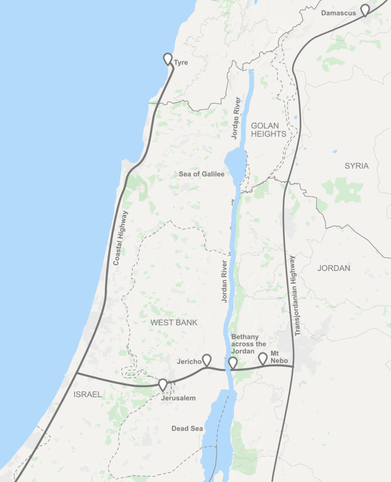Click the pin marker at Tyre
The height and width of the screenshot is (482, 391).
(168, 59)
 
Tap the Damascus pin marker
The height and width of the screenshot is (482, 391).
(365, 10)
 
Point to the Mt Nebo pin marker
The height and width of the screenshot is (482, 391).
(263, 359)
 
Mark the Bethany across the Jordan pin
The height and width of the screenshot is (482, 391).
(233, 363)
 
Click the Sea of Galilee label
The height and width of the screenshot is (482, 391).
(201, 174)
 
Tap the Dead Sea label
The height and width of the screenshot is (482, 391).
(187, 428)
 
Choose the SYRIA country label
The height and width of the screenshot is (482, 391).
(357, 166)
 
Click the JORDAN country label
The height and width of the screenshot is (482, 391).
(334, 268)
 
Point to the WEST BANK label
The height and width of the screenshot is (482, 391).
(174, 322)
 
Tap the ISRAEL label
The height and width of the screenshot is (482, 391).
(88, 394)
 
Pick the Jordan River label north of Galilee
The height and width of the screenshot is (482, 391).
(236, 118)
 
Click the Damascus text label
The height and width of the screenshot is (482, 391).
(339, 13)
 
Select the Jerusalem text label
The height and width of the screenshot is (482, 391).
(179, 398)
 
